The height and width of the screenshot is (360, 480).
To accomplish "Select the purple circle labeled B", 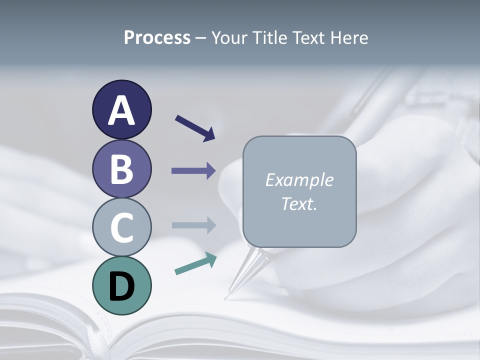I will (x=121, y=169).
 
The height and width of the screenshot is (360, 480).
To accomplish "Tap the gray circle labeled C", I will (x=121, y=227).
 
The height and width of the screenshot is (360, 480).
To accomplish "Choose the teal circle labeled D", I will (x=121, y=285).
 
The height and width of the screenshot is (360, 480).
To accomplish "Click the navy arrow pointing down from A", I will (x=195, y=127).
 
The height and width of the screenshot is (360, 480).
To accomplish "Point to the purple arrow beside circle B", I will (x=193, y=171).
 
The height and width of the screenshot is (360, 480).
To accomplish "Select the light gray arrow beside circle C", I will (x=193, y=225).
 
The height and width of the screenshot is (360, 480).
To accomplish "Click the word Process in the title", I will (x=157, y=37).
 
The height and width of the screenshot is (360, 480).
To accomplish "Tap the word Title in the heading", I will (x=270, y=37).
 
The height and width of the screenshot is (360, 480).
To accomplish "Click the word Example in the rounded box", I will (x=299, y=180).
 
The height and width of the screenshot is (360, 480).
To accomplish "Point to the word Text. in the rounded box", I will (x=299, y=204).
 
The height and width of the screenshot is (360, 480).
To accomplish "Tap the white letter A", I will (x=121, y=111).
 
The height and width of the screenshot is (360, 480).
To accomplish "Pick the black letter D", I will (x=121, y=286).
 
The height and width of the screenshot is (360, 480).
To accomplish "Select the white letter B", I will (x=121, y=169).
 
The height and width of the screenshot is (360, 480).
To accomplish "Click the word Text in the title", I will (x=308, y=37).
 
